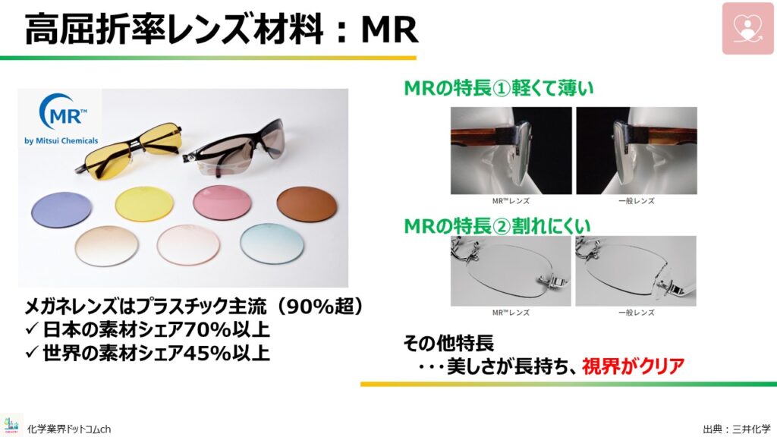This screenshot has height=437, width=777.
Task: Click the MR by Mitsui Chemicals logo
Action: coord(61,119)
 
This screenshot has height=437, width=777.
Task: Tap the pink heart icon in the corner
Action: coord(747,28)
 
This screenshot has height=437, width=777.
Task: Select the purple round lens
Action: coord(61,209)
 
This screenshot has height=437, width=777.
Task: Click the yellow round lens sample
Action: coord(144,203)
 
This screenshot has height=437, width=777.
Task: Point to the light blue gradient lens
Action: coord(272,244)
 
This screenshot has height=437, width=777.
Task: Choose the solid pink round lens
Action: coord(222,203)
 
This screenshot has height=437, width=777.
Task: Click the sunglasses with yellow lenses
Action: coord(128,151)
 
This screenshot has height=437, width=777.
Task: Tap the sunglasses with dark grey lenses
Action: coord(233,148)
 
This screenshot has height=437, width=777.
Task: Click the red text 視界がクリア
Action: coord(633,366)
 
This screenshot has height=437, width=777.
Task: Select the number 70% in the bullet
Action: coord(204,329)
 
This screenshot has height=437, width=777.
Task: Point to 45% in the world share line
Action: coord(204,353)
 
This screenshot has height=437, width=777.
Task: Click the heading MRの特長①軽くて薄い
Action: coord(499,89)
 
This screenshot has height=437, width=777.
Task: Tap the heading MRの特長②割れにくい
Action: coord(498,226)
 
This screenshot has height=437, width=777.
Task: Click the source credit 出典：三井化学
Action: coord(737,429)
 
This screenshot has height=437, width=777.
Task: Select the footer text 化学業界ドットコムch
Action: coord(69,429)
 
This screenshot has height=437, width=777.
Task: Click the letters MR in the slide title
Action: coord(389,30)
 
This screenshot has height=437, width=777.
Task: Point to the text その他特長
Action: coord(448,343)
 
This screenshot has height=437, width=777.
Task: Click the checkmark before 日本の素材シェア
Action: coord(32,329)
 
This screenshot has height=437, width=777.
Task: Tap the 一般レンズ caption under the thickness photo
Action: coord(637,201)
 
